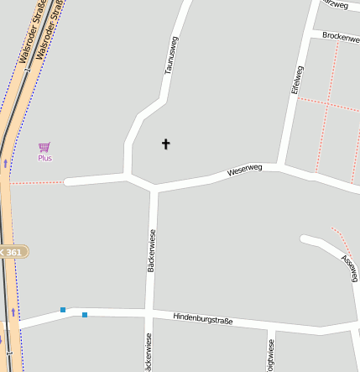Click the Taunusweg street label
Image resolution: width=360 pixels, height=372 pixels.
tap(171, 55)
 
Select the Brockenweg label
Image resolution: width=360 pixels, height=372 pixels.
tap(340, 38)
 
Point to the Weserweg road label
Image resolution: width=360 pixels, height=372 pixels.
tap(245, 170)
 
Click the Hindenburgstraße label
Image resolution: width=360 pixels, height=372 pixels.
tap(202, 318)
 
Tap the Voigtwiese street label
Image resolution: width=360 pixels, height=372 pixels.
tap(270, 355)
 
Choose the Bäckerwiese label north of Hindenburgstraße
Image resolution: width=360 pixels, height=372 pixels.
tap(151, 250)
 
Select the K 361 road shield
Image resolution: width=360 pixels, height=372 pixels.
tap(12, 252)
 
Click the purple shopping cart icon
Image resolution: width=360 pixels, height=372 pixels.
tap(44, 147)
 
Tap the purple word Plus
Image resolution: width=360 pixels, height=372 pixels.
tap(44, 158)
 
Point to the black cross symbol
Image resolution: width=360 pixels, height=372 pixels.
tap(165, 144)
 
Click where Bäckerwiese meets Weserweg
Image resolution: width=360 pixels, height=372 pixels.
tap(154, 188)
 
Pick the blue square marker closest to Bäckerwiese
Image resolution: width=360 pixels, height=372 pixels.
tap(85, 315)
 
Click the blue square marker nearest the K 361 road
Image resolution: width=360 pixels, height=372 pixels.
tap(63, 310)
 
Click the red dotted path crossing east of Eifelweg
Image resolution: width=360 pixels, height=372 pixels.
tap(328, 106)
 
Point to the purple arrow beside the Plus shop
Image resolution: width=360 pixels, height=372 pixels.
tap(6, 162)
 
